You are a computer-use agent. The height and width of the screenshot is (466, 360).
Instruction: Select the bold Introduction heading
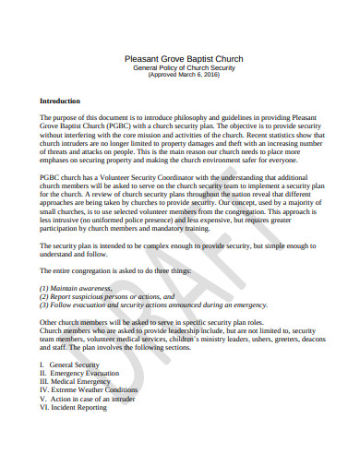point(60,100)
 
